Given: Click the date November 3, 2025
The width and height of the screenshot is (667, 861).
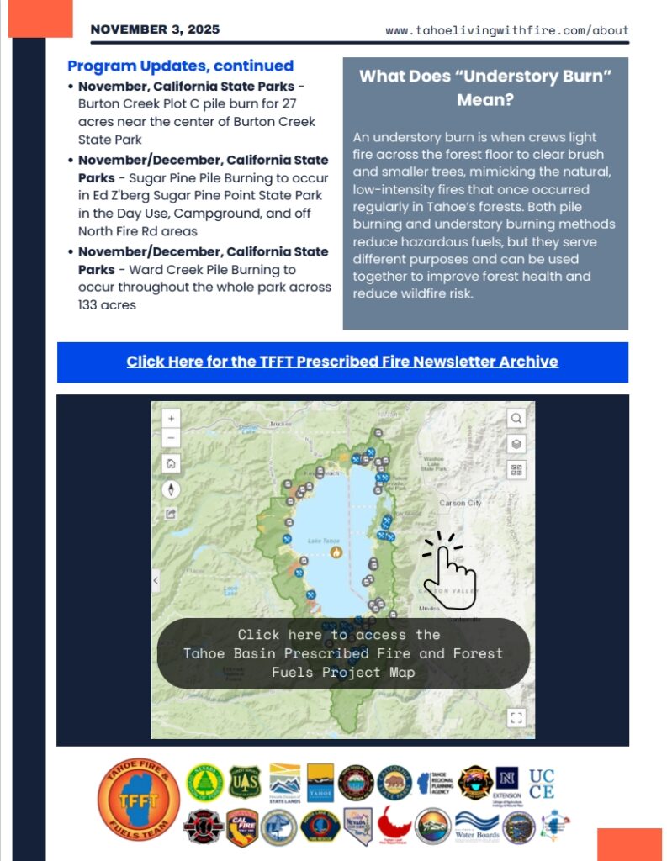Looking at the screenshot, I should click(x=155, y=29).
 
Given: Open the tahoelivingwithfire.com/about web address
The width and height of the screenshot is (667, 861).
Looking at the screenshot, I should click(x=507, y=30).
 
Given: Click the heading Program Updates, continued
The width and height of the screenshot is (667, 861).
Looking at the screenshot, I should click(x=180, y=66).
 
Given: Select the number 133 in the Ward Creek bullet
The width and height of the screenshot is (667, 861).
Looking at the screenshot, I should click(x=90, y=305).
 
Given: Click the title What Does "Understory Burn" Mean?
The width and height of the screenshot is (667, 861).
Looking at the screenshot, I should click(x=485, y=87).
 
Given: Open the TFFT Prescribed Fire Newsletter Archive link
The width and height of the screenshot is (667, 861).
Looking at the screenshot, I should click(x=342, y=362).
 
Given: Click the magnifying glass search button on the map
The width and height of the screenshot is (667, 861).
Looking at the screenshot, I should click(x=516, y=418).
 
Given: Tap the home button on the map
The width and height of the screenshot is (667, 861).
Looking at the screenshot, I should click(x=171, y=463).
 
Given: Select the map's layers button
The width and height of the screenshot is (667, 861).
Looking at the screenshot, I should click(x=516, y=444).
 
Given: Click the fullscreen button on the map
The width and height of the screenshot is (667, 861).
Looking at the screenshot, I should click(x=516, y=717).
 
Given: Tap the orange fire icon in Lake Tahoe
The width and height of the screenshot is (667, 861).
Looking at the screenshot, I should click(x=336, y=552).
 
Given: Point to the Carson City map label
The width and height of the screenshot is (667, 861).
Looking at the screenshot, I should click(x=460, y=503).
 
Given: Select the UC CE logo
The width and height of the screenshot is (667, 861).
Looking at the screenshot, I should click(x=542, y=784).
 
